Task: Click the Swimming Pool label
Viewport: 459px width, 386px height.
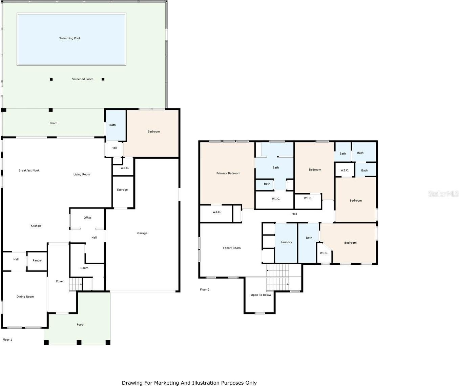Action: coord(69,38)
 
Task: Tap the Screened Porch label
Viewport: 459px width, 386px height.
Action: coord(82,79)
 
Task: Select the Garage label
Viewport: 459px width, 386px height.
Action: coord(142,233)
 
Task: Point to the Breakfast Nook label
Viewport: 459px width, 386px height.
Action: coord(29,170)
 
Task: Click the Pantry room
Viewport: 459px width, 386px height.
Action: coord(37,261)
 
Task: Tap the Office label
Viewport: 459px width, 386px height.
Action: coord(87,218)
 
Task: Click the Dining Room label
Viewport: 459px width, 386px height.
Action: coord(25,297)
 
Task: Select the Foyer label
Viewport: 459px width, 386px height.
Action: coord(60,281)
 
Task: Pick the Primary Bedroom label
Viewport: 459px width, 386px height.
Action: coord(228,173)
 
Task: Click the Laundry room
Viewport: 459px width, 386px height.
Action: coord(286,243)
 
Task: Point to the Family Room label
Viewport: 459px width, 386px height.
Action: coord(232,248)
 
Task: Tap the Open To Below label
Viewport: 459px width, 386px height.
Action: coord(261,295)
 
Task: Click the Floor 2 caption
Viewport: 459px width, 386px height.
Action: coord(205,290)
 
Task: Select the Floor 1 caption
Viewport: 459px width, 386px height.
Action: coord(7,340)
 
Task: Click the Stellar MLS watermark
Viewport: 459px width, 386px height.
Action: coord(443,194)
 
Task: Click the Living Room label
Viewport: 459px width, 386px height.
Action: coord(82,175)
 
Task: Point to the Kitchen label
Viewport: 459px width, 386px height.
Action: coord(36,226)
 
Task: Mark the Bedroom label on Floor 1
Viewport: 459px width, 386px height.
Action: coord(153,131)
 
